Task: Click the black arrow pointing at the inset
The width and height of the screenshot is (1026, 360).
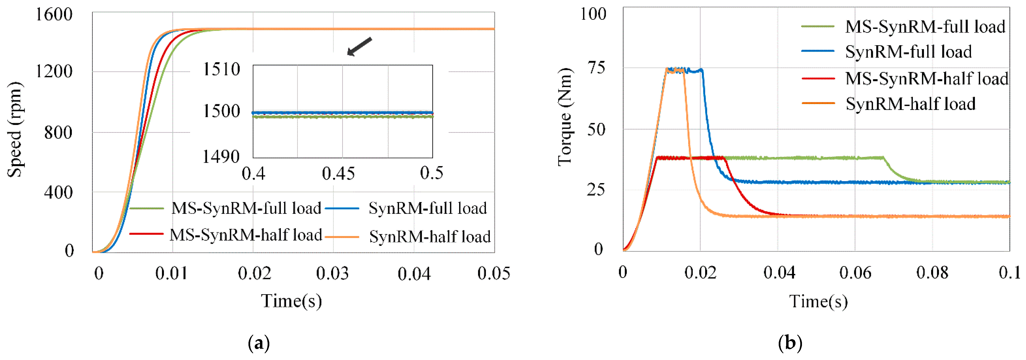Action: pos(359,46)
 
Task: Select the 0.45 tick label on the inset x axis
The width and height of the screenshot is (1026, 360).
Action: pos(338,174)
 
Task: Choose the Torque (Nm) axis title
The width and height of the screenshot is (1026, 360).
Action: pos(565,117)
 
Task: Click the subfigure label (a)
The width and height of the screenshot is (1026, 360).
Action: pos(259,343)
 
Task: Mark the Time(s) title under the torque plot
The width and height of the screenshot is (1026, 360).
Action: pos(818,302)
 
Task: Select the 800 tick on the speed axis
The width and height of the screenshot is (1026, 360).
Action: pos(58,133)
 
